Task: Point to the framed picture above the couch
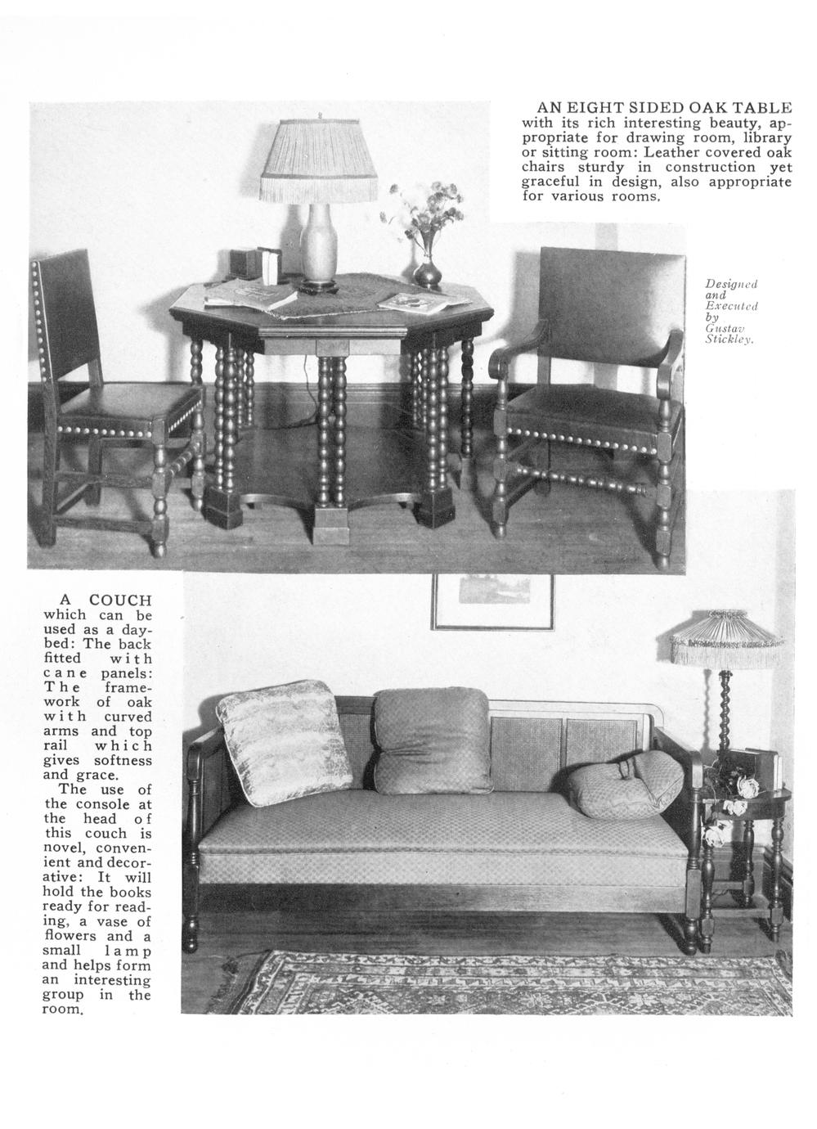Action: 492,601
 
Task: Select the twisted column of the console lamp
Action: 724,712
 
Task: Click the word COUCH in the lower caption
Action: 120,600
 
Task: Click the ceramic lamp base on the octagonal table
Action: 315,245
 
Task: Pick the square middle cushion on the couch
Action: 432,740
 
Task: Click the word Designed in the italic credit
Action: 731,283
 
